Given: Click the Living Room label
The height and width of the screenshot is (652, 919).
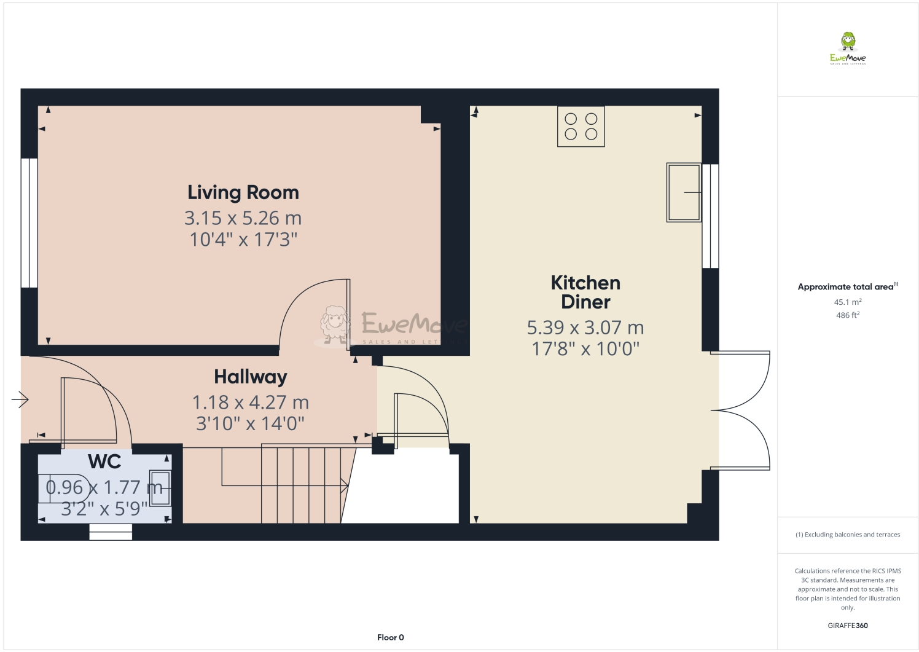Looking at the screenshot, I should (243, 193).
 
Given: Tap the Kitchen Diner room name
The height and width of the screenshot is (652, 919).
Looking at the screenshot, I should (585, 292).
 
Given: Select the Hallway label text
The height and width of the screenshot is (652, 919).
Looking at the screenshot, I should (251, 377).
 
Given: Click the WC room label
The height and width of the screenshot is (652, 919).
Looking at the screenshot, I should (104, 462).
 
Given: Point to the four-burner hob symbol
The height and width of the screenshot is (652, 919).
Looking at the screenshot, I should (581, 127).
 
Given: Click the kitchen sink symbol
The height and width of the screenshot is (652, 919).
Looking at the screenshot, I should (684, 192).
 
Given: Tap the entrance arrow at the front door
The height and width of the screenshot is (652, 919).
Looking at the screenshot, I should (20, 399).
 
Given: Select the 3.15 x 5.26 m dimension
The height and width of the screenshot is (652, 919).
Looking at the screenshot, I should (243, 218).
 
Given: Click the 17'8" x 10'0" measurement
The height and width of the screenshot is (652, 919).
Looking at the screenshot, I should (585, 349).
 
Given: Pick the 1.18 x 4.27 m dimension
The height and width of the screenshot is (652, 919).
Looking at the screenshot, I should (251, 403).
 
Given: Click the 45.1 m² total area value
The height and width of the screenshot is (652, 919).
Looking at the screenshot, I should (848, 302).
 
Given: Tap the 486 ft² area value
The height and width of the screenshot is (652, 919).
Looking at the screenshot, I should (848, 315).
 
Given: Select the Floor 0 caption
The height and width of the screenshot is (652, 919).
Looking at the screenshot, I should (391, 637).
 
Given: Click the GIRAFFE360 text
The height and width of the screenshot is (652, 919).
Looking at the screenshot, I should (848, 626).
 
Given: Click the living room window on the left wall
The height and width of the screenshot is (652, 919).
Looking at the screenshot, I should (29, 223).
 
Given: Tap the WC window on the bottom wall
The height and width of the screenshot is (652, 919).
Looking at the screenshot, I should (111, 532).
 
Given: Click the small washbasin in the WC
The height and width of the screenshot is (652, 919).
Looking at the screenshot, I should (160, 488).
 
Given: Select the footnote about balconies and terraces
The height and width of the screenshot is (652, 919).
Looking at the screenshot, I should (848, 535).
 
